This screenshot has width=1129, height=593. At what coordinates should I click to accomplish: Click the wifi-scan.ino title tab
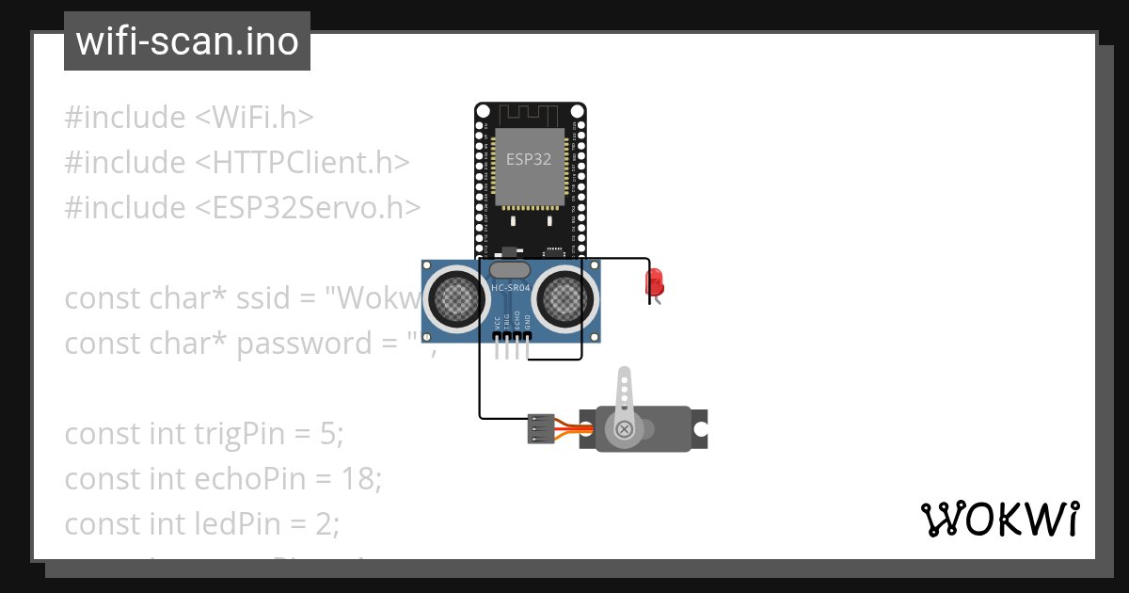point(186,41)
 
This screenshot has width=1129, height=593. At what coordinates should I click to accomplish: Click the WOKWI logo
point(999,520)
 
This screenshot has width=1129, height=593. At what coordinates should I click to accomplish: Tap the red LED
point(654,281)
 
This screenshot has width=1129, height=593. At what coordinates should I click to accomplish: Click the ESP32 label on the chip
point(529,159)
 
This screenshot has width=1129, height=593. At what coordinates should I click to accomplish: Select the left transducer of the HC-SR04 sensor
point(456,298)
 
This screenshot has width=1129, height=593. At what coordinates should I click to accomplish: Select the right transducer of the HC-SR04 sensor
point(564,298)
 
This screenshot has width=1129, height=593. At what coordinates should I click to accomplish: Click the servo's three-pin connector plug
point(540,428)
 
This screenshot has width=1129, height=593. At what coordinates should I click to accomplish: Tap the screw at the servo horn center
point(624,430)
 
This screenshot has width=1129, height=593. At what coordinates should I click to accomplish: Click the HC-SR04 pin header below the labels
point(511,336)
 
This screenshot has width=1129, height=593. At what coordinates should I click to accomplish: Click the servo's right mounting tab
point(699,428)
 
